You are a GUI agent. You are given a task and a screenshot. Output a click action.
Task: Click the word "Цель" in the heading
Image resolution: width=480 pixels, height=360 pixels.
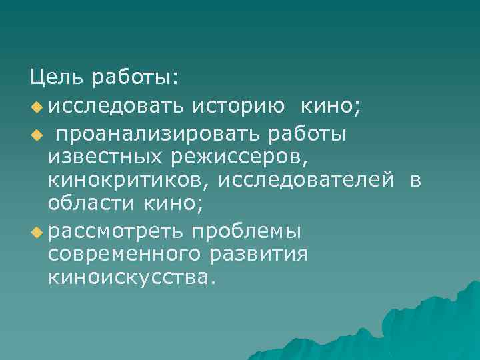56,79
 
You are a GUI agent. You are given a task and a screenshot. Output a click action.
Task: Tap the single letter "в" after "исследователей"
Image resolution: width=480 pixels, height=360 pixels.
415,180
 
